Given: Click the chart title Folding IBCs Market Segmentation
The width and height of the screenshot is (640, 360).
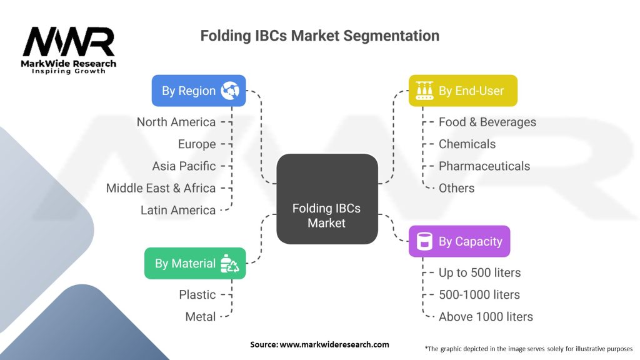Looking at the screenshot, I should tap(319, 36).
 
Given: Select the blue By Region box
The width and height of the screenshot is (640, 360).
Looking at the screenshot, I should tap(199, 91).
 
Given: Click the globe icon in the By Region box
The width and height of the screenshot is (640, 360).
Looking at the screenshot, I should tap(230, 91).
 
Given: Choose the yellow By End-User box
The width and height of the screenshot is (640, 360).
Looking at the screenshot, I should tap(463, 91).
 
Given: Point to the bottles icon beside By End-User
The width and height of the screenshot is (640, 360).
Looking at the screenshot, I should tap(424, 91).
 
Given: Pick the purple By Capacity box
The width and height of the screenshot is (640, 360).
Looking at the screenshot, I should tap(459, 241).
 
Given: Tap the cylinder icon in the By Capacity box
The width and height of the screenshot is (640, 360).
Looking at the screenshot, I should tap(424, 241).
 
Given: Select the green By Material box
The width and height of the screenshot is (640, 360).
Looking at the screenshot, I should tap(195, 264).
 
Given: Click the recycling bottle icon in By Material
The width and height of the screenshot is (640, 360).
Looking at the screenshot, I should tap(229, 264).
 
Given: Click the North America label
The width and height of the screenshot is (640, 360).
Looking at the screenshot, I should tap(176, 122).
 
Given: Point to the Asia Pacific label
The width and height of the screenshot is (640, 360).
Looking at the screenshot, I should tap(184, 166).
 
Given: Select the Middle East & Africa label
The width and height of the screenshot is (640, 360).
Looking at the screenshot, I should tap(161, 188).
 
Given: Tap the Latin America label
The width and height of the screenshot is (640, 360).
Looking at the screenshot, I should tap(178, 210).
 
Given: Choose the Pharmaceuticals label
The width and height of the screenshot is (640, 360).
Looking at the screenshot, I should tap(484, 166).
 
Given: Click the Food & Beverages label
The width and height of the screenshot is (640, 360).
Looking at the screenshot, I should tap(487, 122).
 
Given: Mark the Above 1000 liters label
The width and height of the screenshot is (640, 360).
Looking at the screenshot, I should tap(486, 317).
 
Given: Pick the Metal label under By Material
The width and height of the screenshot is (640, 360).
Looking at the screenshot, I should tap(201, 317).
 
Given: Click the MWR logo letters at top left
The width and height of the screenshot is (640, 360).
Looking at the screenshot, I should tap(69, 41).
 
